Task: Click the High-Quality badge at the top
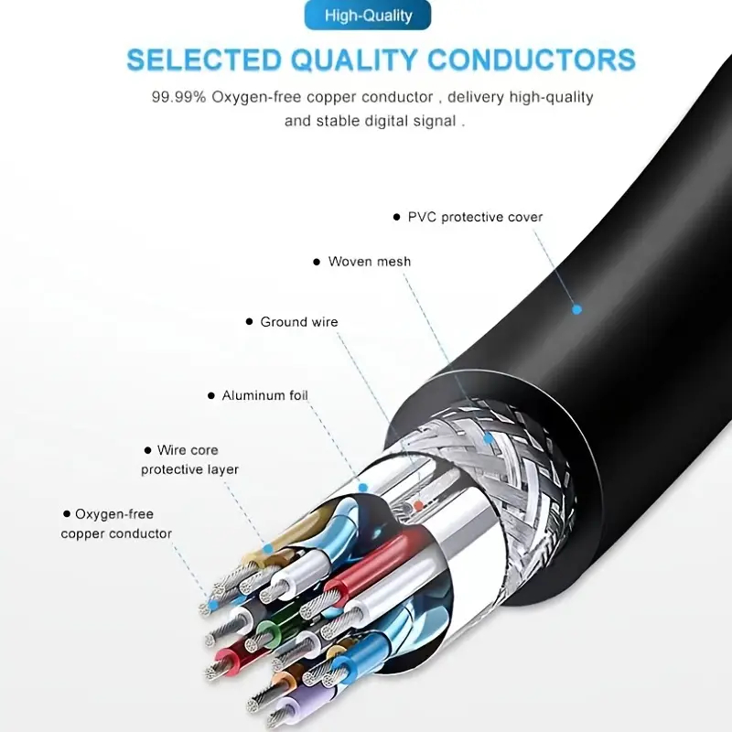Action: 368,16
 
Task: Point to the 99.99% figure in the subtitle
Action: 179,97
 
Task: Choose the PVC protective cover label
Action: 475,218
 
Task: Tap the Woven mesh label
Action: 370,262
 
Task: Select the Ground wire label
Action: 298,322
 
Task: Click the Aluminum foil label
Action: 264,396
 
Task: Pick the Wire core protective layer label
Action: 189,459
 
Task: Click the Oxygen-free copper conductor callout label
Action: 116,524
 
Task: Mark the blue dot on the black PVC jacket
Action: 576,309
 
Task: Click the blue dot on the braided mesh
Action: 489,439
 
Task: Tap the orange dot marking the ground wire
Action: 418,504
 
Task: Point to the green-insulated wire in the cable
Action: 267,631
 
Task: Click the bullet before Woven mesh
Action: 316,262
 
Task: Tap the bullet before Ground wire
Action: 249,322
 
